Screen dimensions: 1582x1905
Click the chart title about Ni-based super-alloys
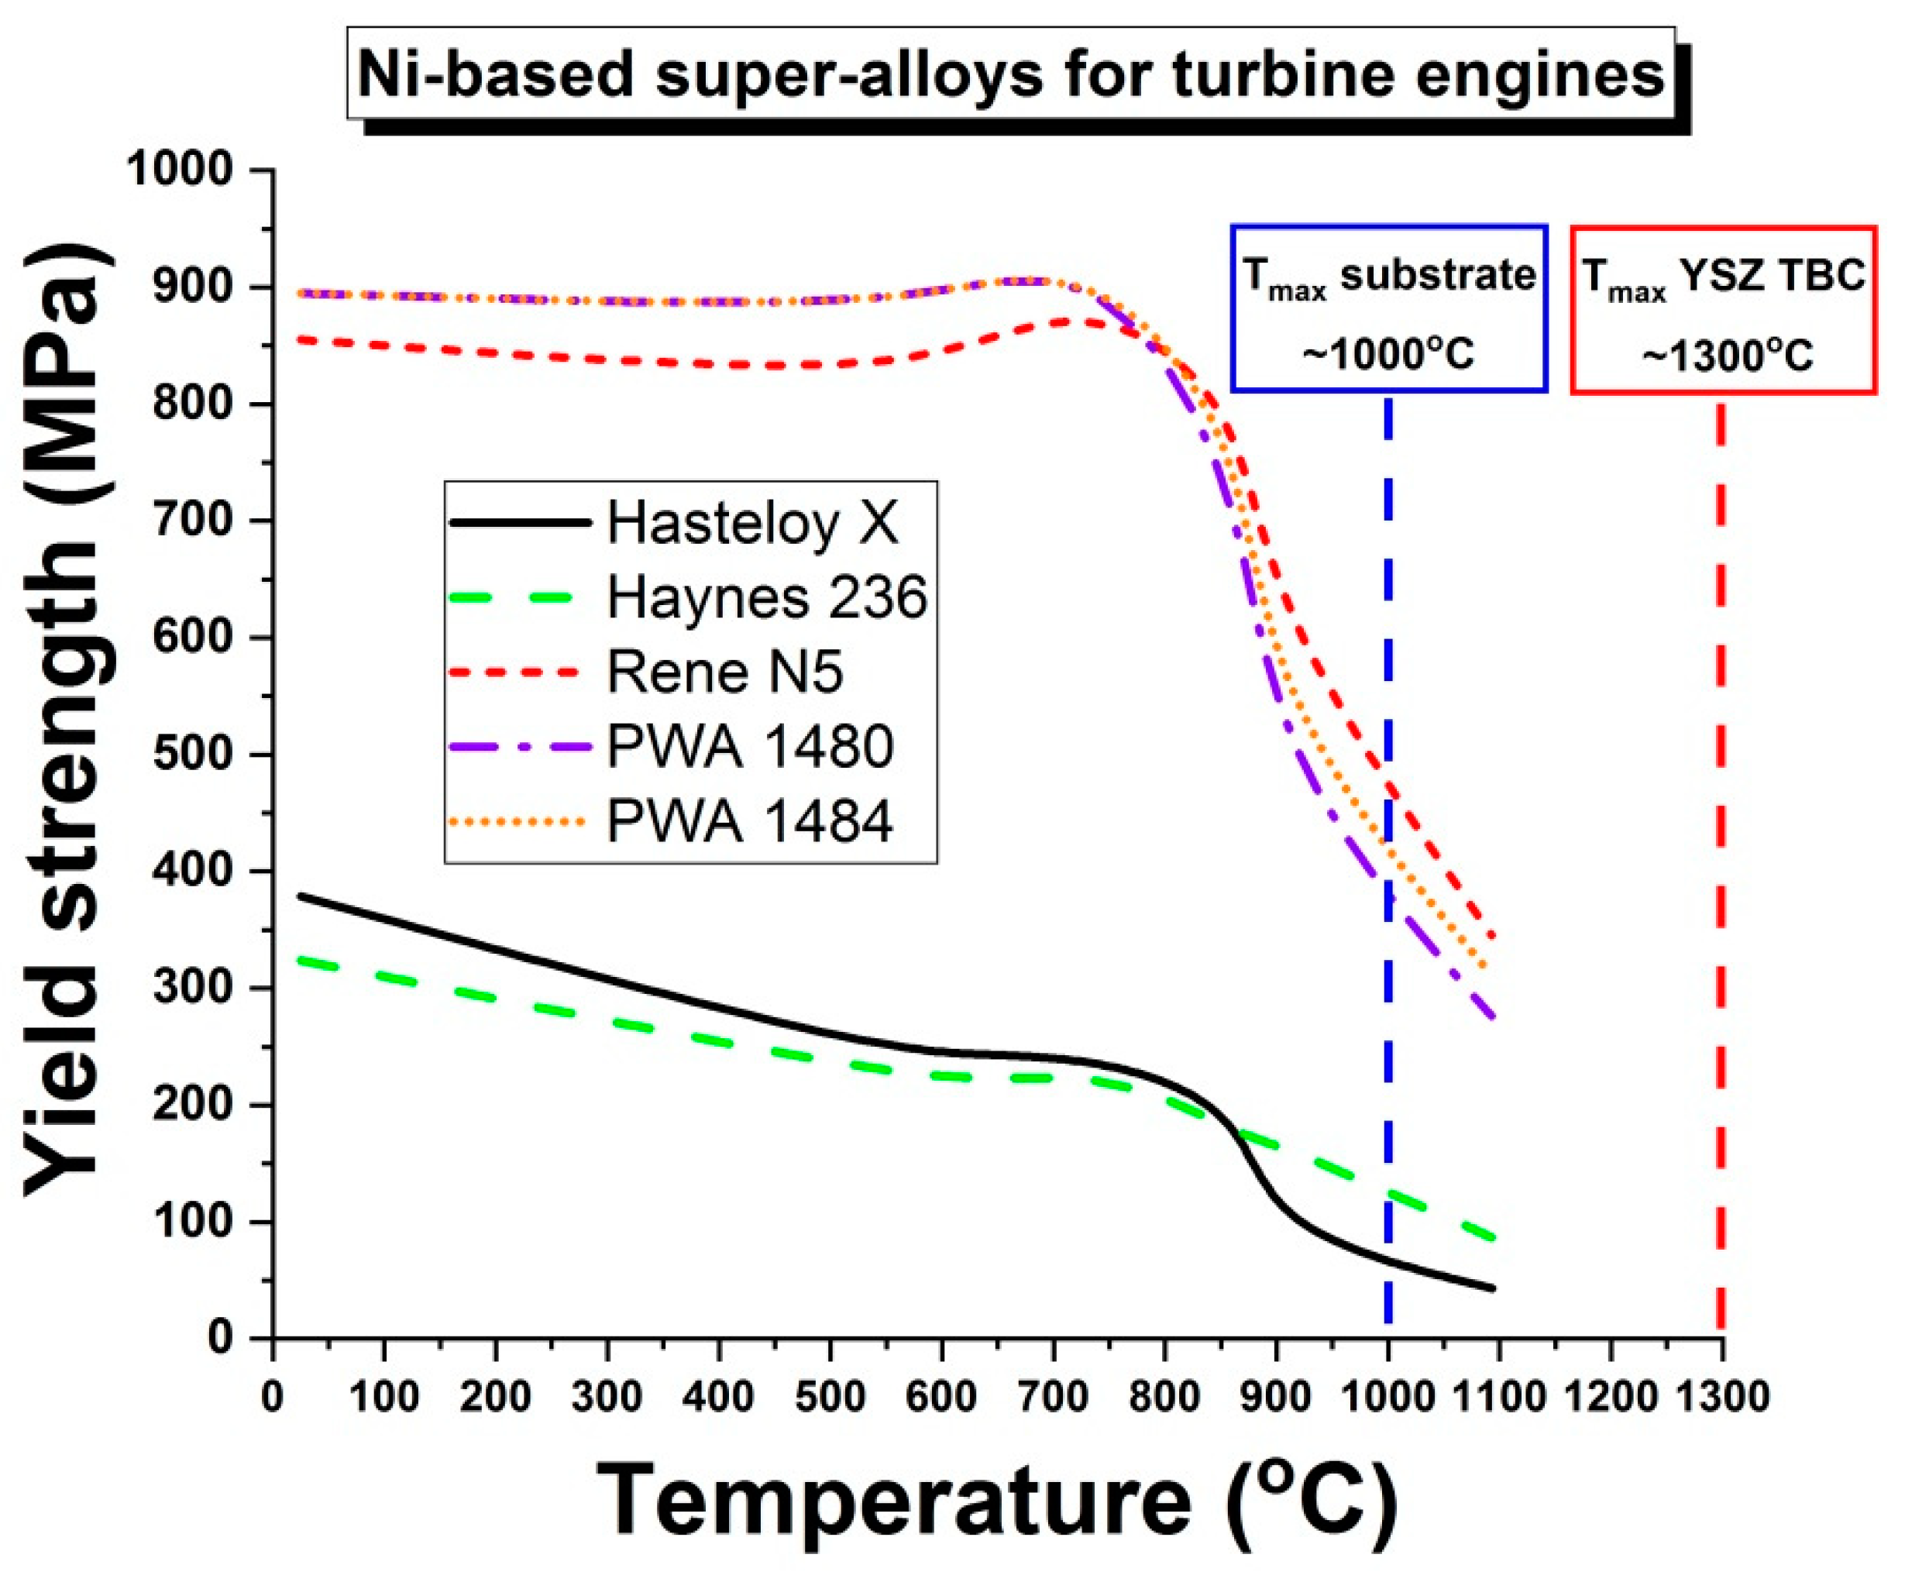click(x=1009, y=74)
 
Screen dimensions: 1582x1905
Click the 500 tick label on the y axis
click(x=194, y=754)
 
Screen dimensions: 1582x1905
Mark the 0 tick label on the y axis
click(x=221, y=1338)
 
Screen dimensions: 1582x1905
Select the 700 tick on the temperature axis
click(x=1052, y=1397)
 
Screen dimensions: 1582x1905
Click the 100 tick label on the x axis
click(x=383, y=1397)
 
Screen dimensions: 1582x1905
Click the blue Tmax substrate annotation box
click(x=1388, y=309)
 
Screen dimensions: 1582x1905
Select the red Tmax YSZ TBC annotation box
click(x=1723, y=309)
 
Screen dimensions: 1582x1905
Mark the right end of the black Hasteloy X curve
click(x=1491, y=1288)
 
